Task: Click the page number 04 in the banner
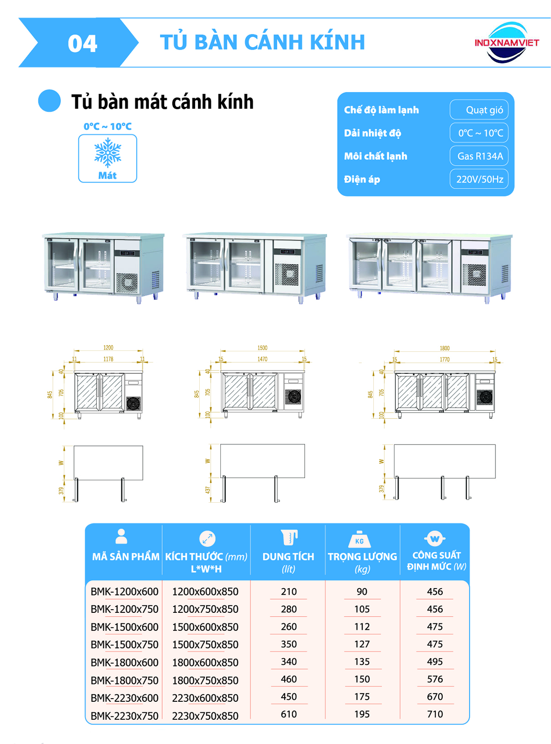click(x=82, y=44)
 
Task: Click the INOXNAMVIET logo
click(x=506, y=43)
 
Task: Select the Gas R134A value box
click(x=479, y=156)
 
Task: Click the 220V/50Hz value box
click(x=479, y=179)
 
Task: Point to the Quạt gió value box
click(x=479, y=110)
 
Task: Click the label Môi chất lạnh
click(x=376, y=156)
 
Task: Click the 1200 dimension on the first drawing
click(x=108, y=348)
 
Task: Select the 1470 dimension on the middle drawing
click(x=262, y=359)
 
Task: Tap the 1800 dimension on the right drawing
click(x=444, y=348)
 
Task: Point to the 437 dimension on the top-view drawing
click(x=208, y=490)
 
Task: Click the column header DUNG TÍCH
click(x=288, y=556)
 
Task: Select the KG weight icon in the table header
click(x=360, y=540)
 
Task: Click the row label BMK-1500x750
click(x=124, y=644)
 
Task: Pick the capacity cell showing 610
click(x=289, y=714)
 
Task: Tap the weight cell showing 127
click(x=362, y=644)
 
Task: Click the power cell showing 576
click(x=435, y=679)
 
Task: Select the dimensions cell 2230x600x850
click(x=205, y=698)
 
